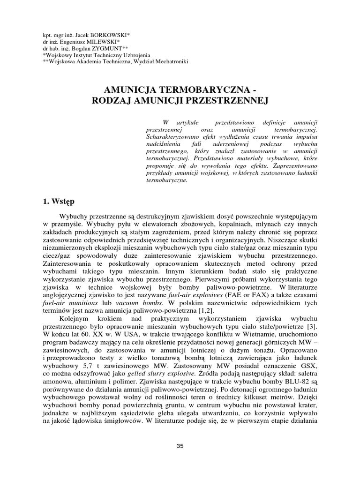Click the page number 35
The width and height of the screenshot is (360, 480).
tap(180, 446)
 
